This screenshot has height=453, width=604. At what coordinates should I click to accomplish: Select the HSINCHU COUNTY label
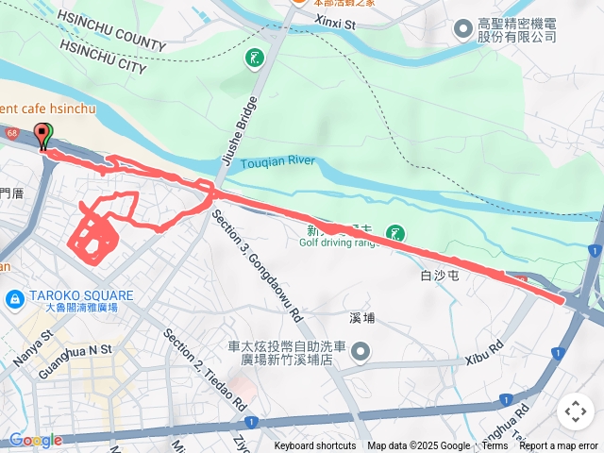pyautogui.click(x=110, y=31)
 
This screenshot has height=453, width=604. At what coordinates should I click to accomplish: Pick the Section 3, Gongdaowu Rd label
pyautogui.click(x=257, y=265)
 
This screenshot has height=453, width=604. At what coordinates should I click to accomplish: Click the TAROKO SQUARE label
pyautogui.click(x=80, y=294)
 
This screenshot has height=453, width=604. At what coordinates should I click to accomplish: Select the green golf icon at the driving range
pyautogui.click(x=395, y=232)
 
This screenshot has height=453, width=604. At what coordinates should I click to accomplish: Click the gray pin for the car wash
pyautogui.click(x=361, y=353)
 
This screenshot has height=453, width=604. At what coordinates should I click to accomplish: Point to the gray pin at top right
pyautogui.click(x=462, y=29)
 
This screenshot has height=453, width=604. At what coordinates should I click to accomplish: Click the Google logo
pyautogui.click(x=36, y=440)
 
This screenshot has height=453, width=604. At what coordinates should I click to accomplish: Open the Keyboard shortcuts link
pyautogui.click(x=315, y=446)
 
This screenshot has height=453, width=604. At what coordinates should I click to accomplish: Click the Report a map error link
pyautogui.click(x=559, y=446)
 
